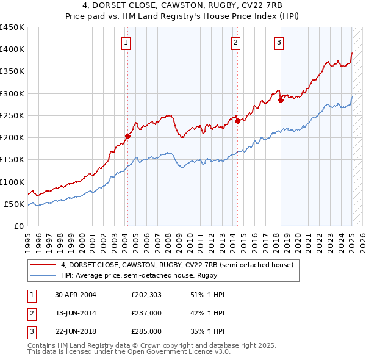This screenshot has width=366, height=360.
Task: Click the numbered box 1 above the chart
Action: click(x=126, y=42)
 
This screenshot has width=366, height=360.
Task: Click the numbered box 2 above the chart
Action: click(x=235, y=42)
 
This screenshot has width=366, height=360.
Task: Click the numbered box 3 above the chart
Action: click(x=279, y=42)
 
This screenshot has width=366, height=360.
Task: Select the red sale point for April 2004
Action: click(x=128, y=136)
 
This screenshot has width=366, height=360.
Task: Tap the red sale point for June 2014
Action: click(x=237, y=121)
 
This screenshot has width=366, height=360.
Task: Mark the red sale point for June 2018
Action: click(x=281, y=100)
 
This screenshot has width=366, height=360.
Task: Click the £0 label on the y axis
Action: click(x=19, y=226)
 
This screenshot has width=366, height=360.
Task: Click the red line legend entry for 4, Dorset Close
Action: click(x=177, y=265)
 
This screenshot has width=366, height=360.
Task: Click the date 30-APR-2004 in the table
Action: click(x=75, y=295)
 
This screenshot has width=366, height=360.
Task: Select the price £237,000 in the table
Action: click(x=146, y=313)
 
